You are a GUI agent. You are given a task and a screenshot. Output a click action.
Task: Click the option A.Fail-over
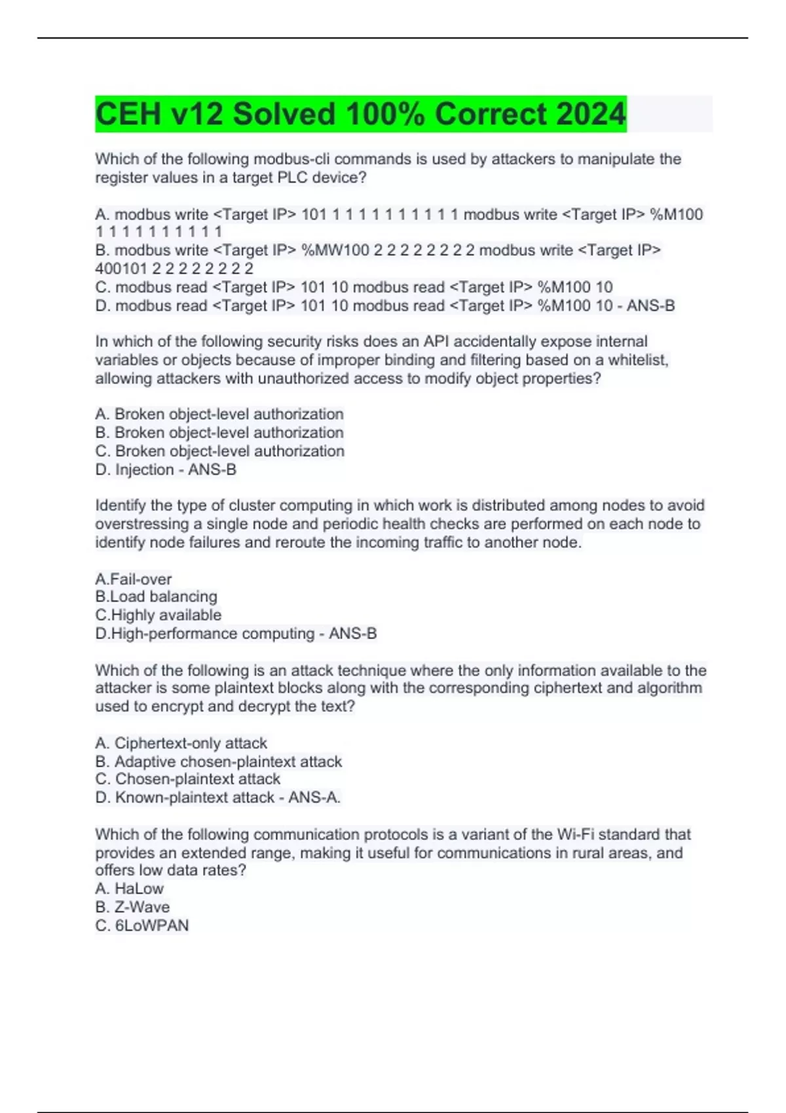(134, 579)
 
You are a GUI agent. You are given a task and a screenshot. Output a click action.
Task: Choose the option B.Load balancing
(156, 596)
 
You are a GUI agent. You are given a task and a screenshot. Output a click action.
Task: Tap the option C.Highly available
(159, 615)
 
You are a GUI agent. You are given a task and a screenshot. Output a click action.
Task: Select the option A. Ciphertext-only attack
(181, 743)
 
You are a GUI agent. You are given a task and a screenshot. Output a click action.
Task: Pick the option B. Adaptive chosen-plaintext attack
(219, 761)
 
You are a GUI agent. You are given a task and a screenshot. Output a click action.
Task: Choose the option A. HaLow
(130, 888)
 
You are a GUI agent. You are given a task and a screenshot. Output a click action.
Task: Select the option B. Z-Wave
(132, 907)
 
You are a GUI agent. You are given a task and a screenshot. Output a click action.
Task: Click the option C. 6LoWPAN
(142, 925)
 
